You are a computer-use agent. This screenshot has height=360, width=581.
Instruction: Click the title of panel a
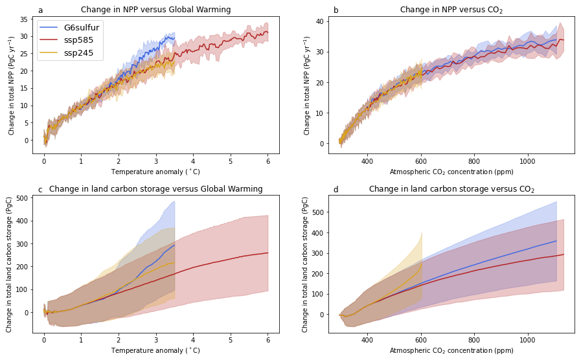pyautogui.click(x=155, y=10)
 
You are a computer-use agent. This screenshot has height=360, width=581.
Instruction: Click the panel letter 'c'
pyautogui.click(x=40, y=189)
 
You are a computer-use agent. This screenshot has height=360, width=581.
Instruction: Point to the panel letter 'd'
pyautogui.click(x=336, y=189)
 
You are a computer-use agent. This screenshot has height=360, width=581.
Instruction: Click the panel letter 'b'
pyautogui.click(x=336, y=10)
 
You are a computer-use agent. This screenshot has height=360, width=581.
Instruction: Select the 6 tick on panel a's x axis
pyautogui.click(x=268, y=161)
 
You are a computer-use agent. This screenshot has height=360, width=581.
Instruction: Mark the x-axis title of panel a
pyautogui.click(x=155, y=172)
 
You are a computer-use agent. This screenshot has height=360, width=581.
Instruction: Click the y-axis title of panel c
pyautogui.click(x=10, y=265)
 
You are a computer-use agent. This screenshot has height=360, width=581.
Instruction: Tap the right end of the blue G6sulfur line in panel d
pyautogui.click(x=556, y=241)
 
